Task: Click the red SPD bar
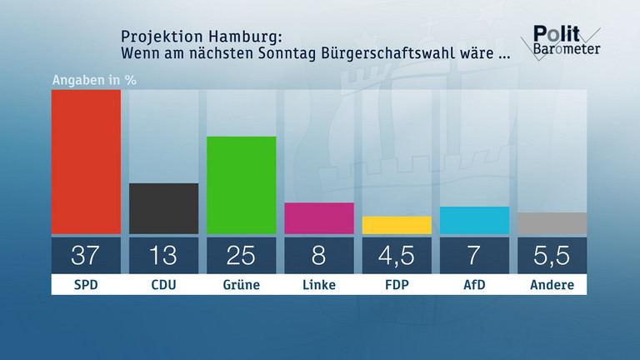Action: [86, 162]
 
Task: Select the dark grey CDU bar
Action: [163, 208]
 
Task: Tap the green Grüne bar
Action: [241, 185]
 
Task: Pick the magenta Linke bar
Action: [318, 218]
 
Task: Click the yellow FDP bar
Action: [397, 225]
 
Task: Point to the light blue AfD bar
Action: [474, 220]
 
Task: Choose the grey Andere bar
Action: [552, 223]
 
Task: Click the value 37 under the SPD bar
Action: [86, 255]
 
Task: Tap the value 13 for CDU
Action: [163, 255]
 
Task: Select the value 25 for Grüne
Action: [241, 255]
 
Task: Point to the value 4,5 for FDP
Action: [397, 255]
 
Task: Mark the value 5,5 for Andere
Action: [552, 255]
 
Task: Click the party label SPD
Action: [86, 285]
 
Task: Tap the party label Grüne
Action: [241, 285]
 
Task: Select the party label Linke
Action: [318, 285]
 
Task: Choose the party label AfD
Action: [474, 285]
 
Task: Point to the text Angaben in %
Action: [94, 81]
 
